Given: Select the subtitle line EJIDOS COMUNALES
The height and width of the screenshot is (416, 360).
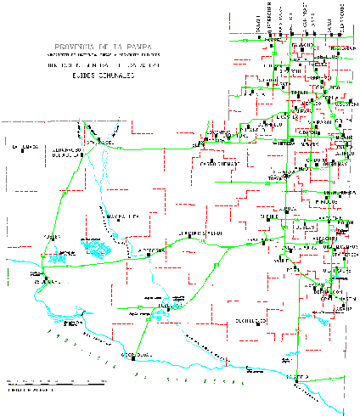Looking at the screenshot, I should pyautogui.click(x=95, y=76).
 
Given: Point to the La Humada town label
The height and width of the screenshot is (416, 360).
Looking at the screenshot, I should pyautogui.click(x=25, y=147).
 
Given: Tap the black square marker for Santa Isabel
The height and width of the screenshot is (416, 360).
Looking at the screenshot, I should pyautogui.click(x=98, y=140).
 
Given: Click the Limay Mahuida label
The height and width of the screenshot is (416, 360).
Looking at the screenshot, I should pyautogui.click(x=121, y=217).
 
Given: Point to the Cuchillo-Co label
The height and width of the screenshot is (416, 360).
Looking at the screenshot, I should pyautogui.click(x=250, y=320).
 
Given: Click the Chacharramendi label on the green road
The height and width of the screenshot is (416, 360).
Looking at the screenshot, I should pyautogui.click(x=200, y=233).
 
